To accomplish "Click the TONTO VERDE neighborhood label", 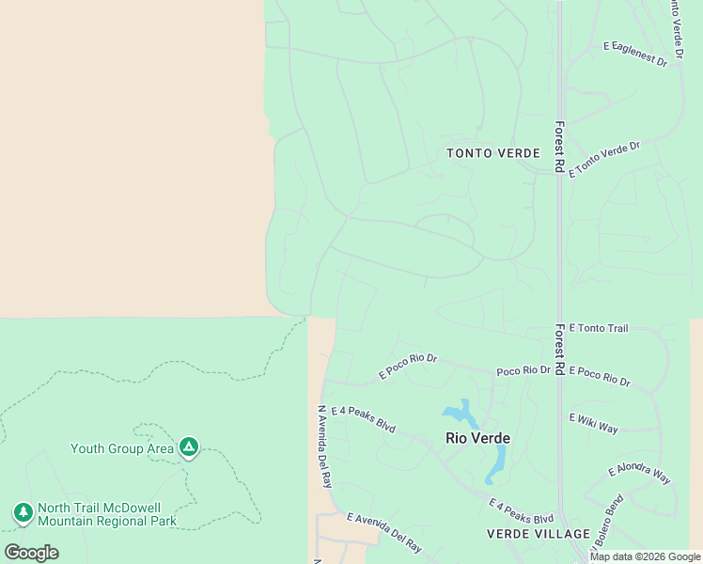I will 493,153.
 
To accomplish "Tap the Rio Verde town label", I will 477,438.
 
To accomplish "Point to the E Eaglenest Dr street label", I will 635,55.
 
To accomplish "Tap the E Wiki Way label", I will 594,423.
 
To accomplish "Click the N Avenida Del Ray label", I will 325,446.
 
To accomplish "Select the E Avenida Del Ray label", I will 384,532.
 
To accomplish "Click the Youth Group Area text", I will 122,448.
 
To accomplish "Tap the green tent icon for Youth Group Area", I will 189,446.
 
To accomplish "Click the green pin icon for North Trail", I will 23,513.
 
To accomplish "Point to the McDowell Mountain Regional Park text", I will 107,521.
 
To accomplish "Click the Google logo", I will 31,553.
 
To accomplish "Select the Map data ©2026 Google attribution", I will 645,556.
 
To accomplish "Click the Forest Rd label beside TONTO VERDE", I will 558,147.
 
